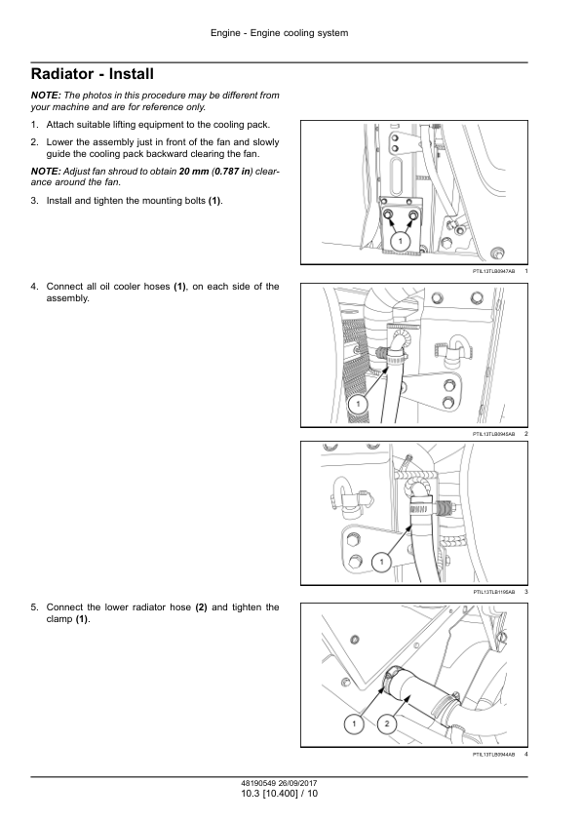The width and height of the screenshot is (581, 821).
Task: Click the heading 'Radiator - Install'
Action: click(x=93, y=74)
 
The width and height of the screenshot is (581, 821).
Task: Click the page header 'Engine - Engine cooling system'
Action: click(x=279, y=33)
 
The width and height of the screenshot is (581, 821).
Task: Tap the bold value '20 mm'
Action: click(x=194, y=172)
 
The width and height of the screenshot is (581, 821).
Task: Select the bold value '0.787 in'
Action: click(x=231, y=172)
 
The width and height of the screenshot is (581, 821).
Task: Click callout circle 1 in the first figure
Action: click(x=401, y=241)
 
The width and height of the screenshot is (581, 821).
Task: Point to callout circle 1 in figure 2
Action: click(x=358, y=404)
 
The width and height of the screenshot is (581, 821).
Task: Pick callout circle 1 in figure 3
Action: click(x=381, y=562)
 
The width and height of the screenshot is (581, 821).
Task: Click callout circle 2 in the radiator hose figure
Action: click(x=387, y=723)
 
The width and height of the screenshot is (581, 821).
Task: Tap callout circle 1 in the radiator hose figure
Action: click(x=354, y=723)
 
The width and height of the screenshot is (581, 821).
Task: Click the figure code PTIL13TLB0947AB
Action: click(x=493, y=271)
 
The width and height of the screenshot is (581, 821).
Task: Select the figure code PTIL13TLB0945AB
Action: click(x=493, y=434)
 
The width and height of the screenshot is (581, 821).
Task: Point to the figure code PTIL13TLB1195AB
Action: click(x=493, y=592)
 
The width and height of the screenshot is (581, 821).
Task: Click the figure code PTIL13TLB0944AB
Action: click(x=493, y=755)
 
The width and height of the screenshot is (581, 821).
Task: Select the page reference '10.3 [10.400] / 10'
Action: click(x=279, y=794)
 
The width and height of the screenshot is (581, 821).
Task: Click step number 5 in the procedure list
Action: click(x=34, y=607)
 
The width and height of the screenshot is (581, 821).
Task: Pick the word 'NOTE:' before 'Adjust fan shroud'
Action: click(x=46, y=172)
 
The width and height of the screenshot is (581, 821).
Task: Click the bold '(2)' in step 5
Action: click(x=202, y=607)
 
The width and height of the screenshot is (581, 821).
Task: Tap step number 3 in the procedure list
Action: click(x=34, y=201)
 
